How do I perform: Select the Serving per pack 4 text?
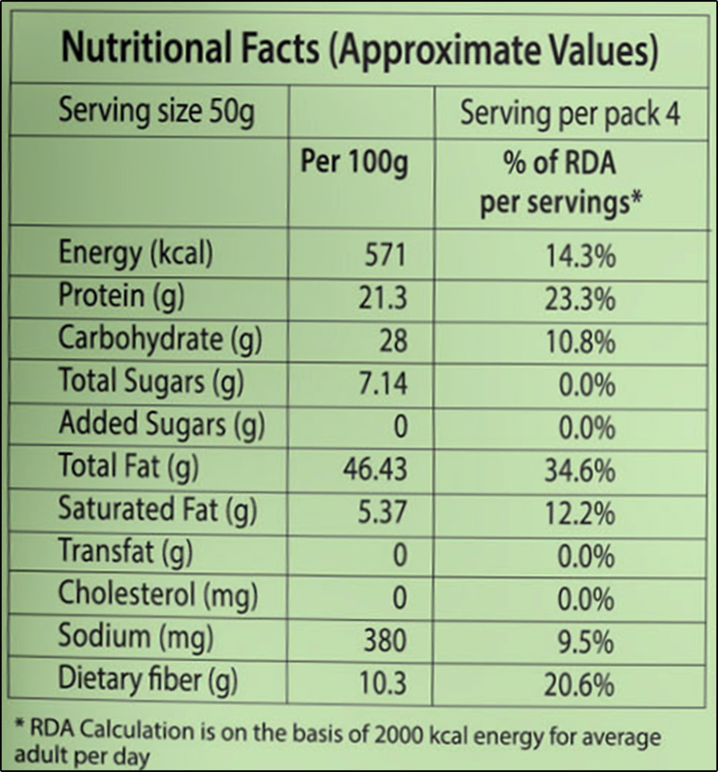pyautogui.click(x=570, y=114)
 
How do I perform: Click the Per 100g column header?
pyautogui.click(x=354, y=163)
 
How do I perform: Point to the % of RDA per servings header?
pyautogui.click(x=561, y=183)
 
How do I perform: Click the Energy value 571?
pyautogui.click(x=385, y=255)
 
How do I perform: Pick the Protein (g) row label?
pyautogui.click(x=121, y=296)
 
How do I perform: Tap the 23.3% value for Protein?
pyautogui.click(x=580, y=300)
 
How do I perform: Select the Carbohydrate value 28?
pyautogui.click(x=393, y=341)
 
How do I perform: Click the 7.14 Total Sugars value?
pyautogui.click(x=382, y=383)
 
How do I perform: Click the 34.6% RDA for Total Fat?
pyautogui.click(x=580, y=470)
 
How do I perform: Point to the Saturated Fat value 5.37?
pyautogui.click(x=382, y=512)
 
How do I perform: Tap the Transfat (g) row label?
pyautogui.click(x=126, y=552)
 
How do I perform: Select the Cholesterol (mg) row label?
pyautogui.click(x=158, y=595)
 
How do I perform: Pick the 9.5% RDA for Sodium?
pyautogui.click(x=586, y=642)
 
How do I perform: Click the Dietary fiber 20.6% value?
pyautogui.click(x=579, y=685)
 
